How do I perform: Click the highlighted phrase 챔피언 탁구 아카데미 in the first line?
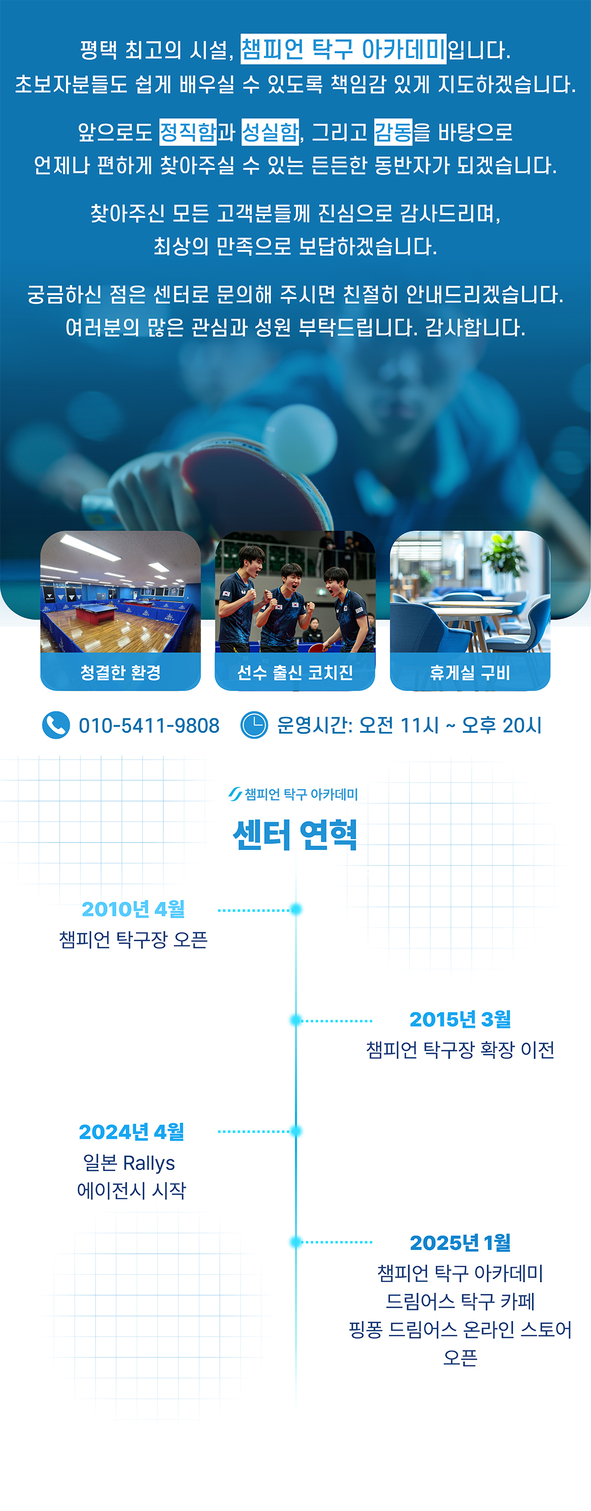pos(343,49)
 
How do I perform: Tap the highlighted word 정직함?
pos(188,132)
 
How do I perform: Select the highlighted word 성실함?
pos(270,132)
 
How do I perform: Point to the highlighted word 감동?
pos(393,132)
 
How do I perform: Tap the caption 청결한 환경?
pos(120,672)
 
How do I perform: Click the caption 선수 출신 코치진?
pos(294,672)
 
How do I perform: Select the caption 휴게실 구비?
pos(470,672)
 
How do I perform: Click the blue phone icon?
pos(56,725)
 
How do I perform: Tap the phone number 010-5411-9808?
pos(149,725)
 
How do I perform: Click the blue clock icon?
pos(254,725)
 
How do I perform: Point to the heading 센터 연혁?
pos(295,834)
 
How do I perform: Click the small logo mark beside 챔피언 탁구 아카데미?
pos(235,794)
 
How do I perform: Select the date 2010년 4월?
pos(133,909)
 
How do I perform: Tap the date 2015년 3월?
pos(460,1020)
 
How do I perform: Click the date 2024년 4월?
pos(132,1131)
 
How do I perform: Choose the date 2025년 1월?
pos(460,1243)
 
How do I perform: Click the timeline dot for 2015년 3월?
pos(296,1020)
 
